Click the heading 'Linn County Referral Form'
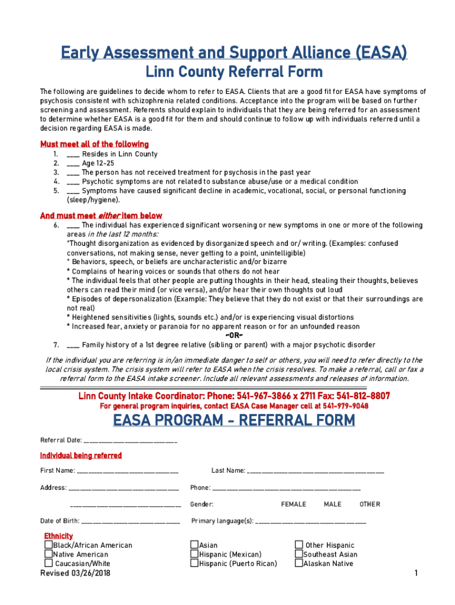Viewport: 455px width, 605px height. pos(234,72)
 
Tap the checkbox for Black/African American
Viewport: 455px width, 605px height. pos(48,545)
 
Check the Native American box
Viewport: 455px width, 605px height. pos(48,554)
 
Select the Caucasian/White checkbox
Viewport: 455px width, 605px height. pos(48,564)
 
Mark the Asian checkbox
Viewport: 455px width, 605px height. pos(194,545)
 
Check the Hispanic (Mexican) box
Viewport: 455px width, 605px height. pos(194,554)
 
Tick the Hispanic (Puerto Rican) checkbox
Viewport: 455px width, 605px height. pos(194,564)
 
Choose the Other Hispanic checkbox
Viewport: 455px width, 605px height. pos(298,545)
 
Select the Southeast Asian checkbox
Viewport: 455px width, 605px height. pos(298,554)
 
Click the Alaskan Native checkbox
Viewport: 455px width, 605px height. pos(298,564)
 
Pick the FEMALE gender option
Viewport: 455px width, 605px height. pos(293,505)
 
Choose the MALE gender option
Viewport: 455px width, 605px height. pos(333,505)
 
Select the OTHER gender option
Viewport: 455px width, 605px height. pos(370,505)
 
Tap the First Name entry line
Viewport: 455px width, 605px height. pos(127,471)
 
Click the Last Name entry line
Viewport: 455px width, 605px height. pos(315,471)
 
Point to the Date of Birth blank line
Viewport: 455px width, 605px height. pos(130,522)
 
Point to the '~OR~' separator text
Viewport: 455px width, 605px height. pos(235,336)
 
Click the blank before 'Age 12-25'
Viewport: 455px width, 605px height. pos(73,164)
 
